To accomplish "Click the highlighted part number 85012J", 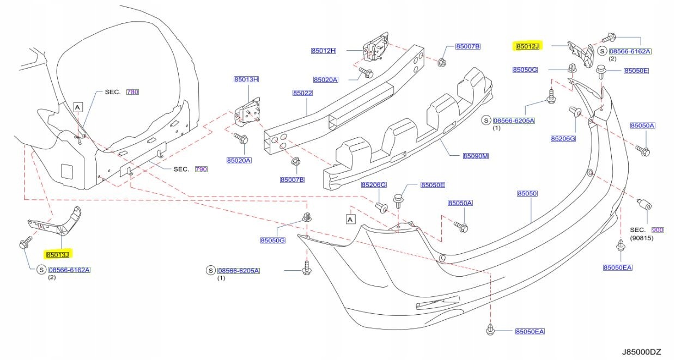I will click(x=527, y=47).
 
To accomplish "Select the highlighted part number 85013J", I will click(x=58, y=254).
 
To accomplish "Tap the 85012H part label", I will click(x=324, y=51).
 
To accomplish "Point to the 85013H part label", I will click(x=246, y=80).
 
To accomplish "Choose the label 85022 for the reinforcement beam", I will click(x=302, y=93).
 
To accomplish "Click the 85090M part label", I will click(x=476, y=156).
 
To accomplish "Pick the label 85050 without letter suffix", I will click(x=527, y=194).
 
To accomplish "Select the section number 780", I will click(x=132, y=92).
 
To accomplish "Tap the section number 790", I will click(x=201, y=169).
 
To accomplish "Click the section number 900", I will click(x=658, y=230).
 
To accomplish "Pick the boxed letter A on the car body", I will click(x=77, y=108).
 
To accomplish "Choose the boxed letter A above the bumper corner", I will click(x=350, y=219).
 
